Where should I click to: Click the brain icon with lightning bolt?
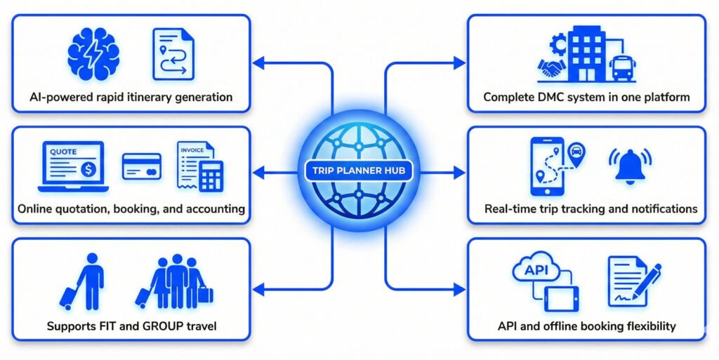94,53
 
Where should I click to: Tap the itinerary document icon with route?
173,54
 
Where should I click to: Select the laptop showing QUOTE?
71,167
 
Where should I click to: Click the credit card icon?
141,166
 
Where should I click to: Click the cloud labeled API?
536,270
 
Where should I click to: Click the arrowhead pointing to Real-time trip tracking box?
461,172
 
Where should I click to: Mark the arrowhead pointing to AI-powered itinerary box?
257,64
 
